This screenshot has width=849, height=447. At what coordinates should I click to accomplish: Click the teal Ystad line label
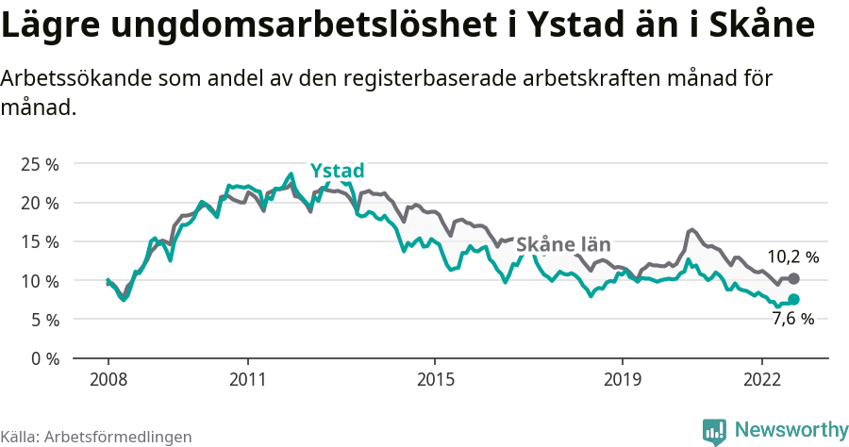(337, 171)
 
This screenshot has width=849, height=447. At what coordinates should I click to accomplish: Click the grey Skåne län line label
(563, 245)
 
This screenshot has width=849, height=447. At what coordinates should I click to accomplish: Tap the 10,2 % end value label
(792, 257)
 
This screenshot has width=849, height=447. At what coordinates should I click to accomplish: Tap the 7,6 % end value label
(792, 319)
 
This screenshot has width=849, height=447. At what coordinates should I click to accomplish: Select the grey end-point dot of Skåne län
(793, 278)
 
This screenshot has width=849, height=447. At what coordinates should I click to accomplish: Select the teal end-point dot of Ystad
(793, 299)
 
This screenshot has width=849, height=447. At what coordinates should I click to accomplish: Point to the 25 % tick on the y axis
(40, 164)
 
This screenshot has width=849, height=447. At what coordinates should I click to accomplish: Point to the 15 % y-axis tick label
(40, 241)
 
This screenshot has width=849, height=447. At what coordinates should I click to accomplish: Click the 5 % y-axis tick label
(43, 320)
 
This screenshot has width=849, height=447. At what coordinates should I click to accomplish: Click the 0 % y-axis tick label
(43, 358)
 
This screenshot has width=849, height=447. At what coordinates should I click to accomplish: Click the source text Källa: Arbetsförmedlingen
(96, 437)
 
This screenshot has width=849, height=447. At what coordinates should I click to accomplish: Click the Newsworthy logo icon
(714, 431)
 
